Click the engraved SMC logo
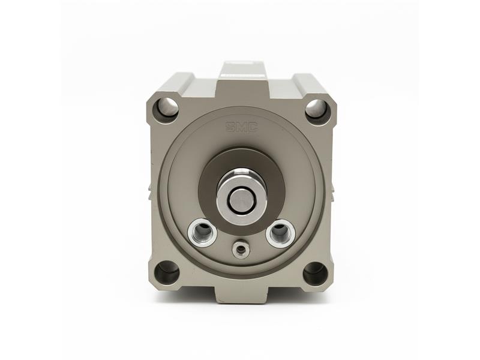click(x=242, y=127)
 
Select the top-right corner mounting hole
click(x=317, y=109)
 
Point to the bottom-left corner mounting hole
click(x=167, y=272)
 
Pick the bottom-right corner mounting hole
click(x=316, y=271)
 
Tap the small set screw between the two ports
click(x=241, y=248)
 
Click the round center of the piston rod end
click(x=242, y=200)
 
